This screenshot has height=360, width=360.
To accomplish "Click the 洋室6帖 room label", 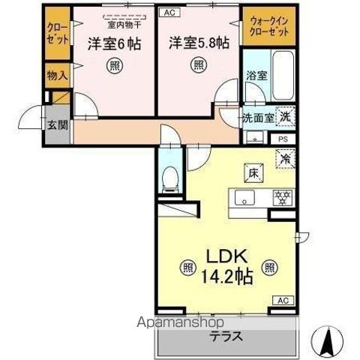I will [112, 43].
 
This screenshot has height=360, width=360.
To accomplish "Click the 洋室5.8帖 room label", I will [197, 43].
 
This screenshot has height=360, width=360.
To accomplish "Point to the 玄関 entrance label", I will [56, 124].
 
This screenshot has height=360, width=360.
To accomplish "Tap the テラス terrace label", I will [226, 336].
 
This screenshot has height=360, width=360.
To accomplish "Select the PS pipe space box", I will [282, 139].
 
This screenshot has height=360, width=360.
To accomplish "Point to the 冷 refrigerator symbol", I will [286, 158].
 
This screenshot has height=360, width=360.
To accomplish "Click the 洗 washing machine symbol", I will [286, 116].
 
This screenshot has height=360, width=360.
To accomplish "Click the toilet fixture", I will [169, 178].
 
